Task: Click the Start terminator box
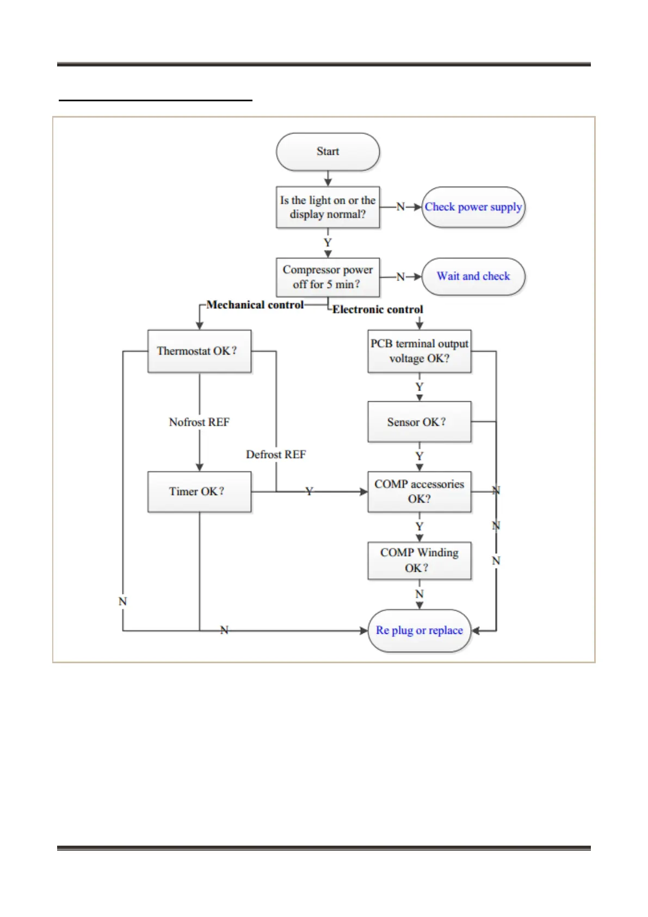328,152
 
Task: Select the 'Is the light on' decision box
328,207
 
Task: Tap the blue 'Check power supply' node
473,207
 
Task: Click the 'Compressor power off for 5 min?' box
328,277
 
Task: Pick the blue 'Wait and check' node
473,277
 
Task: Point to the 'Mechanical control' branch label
255,305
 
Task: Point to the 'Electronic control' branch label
378,310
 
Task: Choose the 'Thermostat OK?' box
199,351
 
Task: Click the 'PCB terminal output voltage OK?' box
419,351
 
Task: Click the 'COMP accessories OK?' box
419,492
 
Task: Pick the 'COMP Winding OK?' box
419,560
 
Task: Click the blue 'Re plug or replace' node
419,631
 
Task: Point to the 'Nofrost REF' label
199,423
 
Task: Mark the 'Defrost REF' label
276,455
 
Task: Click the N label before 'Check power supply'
400,207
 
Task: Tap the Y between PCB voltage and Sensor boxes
419,387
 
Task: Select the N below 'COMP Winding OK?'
419,594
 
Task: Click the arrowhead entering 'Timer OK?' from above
200,467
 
